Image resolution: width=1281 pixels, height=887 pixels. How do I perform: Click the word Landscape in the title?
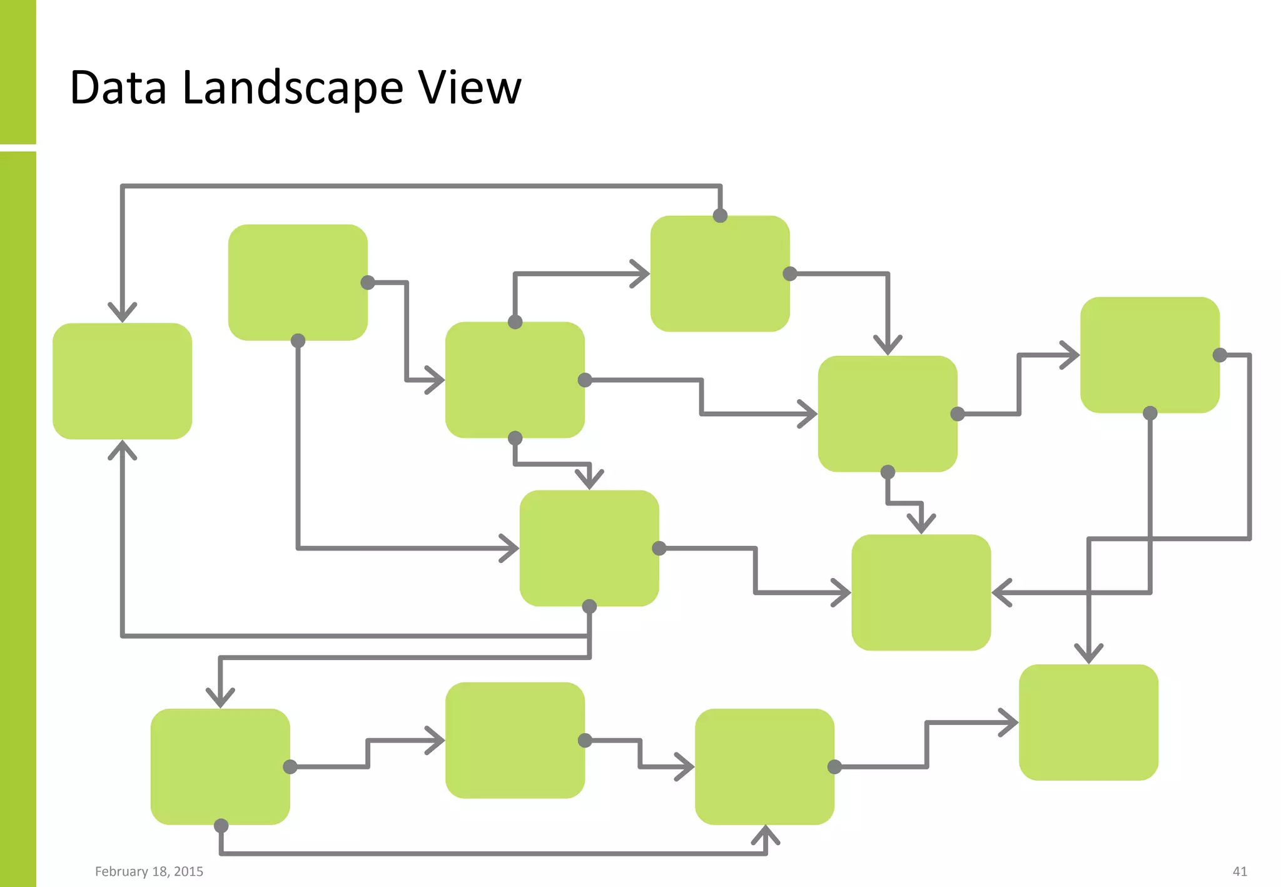292,89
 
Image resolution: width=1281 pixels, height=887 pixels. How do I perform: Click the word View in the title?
469,88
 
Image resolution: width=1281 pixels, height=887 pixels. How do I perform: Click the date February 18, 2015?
149,871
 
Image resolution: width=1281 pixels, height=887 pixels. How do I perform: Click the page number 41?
1240,871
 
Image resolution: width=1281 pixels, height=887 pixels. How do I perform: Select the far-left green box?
122,381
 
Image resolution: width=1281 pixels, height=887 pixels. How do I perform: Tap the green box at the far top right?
1150,355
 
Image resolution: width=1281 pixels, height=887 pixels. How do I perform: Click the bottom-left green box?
220,766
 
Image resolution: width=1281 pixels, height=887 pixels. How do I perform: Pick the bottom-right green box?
1088,722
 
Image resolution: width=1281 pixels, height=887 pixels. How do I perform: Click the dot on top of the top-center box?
720,216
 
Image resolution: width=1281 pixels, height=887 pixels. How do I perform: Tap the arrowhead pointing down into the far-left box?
122,313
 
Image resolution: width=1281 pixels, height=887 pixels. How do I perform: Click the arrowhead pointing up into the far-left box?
122,449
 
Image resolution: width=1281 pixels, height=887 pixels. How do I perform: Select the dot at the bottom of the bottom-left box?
221,826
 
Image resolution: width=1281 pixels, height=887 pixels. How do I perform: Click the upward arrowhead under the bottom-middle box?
765,834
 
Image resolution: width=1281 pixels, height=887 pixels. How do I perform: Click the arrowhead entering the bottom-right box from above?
1089,654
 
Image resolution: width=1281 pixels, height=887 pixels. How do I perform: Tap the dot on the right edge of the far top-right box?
1220,355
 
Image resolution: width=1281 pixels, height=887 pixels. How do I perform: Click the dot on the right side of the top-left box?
368,283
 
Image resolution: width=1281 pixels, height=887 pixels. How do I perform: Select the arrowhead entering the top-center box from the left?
641,274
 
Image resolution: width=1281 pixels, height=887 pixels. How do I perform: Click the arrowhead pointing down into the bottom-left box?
220,698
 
